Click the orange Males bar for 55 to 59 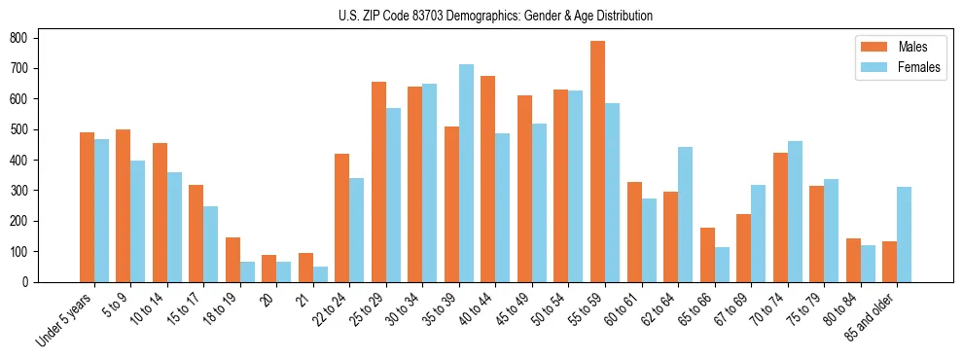pos(597,162)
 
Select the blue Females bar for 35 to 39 pos(466,173)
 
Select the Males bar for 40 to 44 pos(488,179)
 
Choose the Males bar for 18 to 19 pos(232,260)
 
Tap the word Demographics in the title pos(485,16)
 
